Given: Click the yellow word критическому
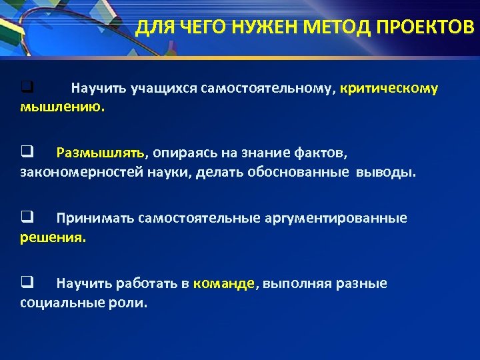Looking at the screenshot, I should click(x=389, y=88).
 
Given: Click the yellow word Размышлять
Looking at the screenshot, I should click(x=101, y=153).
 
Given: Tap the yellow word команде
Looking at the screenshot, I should click(x=224, y=283).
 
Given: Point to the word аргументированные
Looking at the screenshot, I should click(x=343, y=218).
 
